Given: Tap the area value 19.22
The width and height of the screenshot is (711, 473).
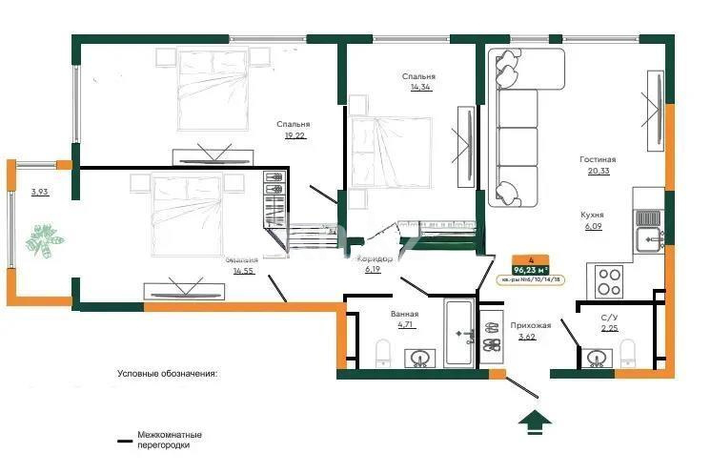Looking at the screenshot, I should [294, 135].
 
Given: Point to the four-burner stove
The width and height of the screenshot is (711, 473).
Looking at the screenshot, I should [610, 280].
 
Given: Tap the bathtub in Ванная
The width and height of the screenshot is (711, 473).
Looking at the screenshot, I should [460, 334].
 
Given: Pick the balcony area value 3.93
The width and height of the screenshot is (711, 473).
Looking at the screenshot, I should [39, 193].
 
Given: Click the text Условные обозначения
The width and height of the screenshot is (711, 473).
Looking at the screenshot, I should [167, 374].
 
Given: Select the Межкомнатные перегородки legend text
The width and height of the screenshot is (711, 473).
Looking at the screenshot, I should [168, 440].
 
